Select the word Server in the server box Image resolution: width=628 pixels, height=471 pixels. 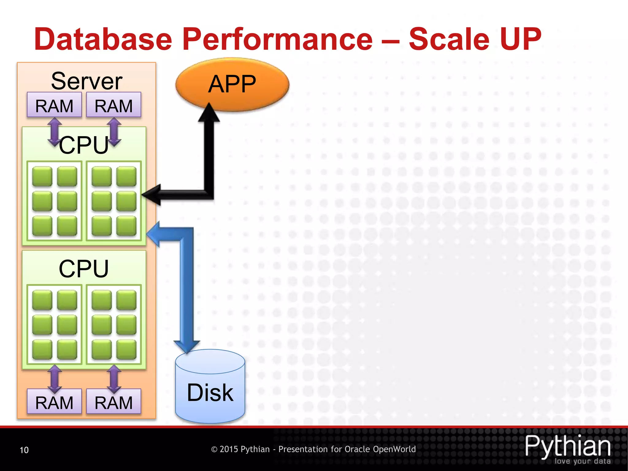tap(86, 81)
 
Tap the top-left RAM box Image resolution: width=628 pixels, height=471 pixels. tap(54, 105)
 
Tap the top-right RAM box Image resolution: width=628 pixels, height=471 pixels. tap(114, 105)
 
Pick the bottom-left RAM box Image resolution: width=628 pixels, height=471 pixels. tap(54, 402)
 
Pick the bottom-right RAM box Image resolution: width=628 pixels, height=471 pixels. tap(114, 402)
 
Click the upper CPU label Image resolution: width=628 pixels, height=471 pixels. tap(83, 145)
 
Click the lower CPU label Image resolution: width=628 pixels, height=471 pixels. tap(83, 269)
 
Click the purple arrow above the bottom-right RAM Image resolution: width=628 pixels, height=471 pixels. tap(114, 379)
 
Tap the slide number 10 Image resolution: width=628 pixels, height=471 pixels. tap(24, 450)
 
